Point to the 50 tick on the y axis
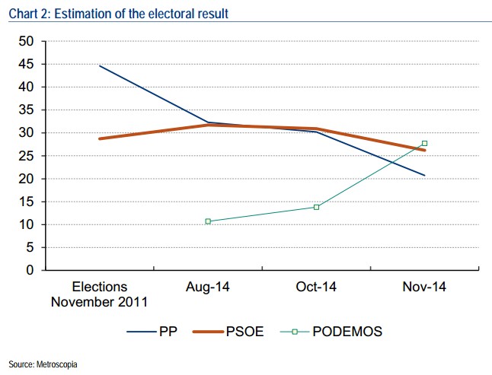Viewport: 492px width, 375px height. point(26,41)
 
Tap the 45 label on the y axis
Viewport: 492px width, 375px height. point(26,64)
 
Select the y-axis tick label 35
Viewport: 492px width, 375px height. point(26,110)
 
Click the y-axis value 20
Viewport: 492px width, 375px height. point(26,179)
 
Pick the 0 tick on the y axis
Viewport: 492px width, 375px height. point(30,270)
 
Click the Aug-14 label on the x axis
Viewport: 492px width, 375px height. point(207,288)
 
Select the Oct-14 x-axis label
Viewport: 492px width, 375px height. point(315,288)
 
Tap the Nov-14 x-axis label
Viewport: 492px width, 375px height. point(424,288)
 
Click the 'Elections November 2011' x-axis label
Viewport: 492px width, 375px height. point(99,294)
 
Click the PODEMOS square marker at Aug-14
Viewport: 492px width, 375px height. point(207,221)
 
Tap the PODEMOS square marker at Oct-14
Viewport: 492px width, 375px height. point(316,207)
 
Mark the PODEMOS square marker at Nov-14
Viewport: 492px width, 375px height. point(424,143)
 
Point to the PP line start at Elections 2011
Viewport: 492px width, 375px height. point(99,65)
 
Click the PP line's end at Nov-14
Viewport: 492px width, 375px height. point(424,176)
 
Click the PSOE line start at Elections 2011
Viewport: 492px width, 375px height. point(99,138)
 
